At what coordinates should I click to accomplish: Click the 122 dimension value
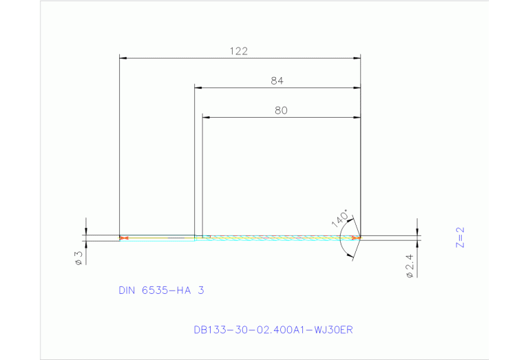[239, 50]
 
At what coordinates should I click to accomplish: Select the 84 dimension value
[277, 81]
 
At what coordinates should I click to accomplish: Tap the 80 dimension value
[280, 109]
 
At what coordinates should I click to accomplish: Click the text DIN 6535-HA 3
[161, 290]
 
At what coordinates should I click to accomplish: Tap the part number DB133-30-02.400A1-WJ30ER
[273, 330]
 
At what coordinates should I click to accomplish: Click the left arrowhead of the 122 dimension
[123, 59]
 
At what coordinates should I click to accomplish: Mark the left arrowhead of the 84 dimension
[198, 88]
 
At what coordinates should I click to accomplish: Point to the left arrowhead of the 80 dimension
[206, 117]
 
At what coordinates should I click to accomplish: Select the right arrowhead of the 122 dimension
[357, 59]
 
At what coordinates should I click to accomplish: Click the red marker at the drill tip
[356, 238]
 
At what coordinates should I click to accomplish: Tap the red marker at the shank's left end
[123, 239]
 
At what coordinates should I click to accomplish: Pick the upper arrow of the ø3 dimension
[85, 232]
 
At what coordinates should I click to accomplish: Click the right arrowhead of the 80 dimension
[357, 117]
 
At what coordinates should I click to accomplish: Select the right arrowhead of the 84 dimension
[357, 88]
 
